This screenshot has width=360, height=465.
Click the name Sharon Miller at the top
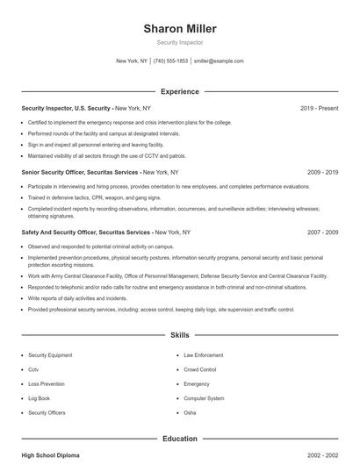tap(180, 29)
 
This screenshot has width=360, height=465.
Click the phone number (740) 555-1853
tap(170, 61)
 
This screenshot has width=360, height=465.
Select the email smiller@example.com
tap(219, 61)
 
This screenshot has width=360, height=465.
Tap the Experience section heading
tap(180, 91)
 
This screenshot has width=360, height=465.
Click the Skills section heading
tap(180, 335)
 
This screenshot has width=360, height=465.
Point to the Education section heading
tap(180, 438)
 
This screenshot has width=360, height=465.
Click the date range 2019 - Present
tap(319, 108)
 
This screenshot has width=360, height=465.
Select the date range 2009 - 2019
tap(322, 173)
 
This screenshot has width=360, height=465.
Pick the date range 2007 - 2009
tap(322, 232)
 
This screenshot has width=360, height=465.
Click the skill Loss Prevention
tap(46, 383)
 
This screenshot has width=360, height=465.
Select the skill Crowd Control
tap(200, 369)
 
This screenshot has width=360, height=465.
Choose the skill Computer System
tap(203, 398)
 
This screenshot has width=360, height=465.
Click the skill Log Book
tap(40, 398)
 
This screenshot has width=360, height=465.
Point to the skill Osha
tap(190, 412)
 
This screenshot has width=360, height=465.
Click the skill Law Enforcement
tap(203, 355)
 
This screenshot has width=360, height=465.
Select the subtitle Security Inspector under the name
tap(180, 42)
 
